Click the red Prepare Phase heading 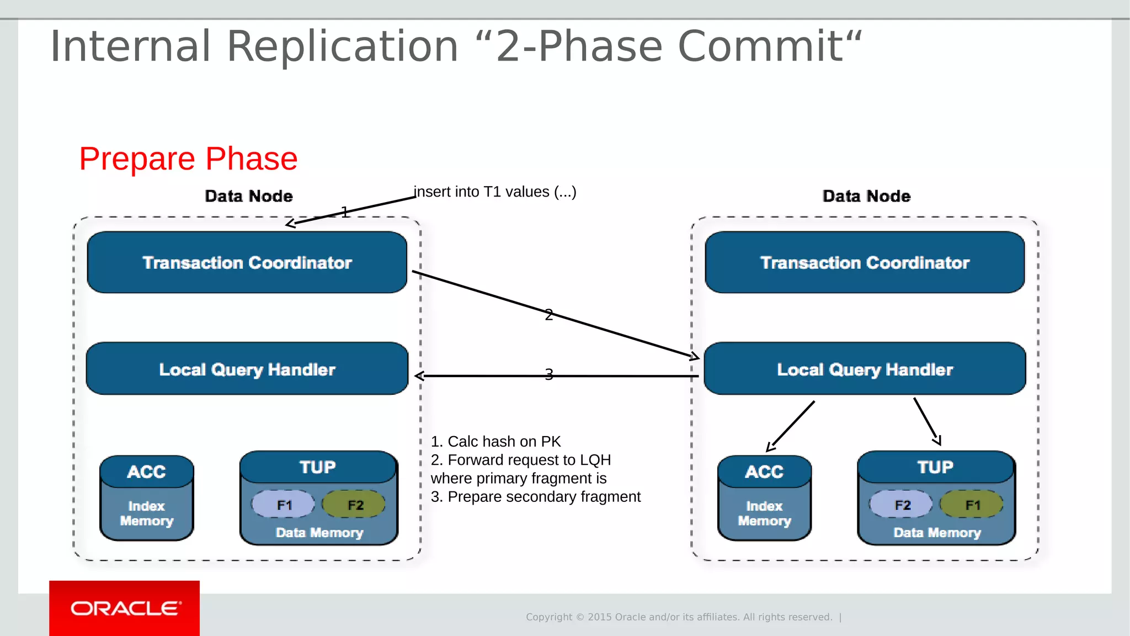coord(188,158)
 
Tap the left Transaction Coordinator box coord(247,262)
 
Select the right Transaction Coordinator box coord(865,262)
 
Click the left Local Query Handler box coord(247,369)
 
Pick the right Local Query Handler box coord(865,369)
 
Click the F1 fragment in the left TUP coord(284,505)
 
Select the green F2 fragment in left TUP coord(354,505)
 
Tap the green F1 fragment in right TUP coord(972,505)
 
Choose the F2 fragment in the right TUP coord(902,505)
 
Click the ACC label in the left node coord(146,471)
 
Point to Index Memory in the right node coord(764,513)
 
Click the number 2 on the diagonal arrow coord(548,315)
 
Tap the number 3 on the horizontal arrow coord(548,374)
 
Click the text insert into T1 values coord(495,192)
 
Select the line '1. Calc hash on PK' coord(495,442)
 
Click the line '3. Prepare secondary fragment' coord(535,497)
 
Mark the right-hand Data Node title coord(866,196)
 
